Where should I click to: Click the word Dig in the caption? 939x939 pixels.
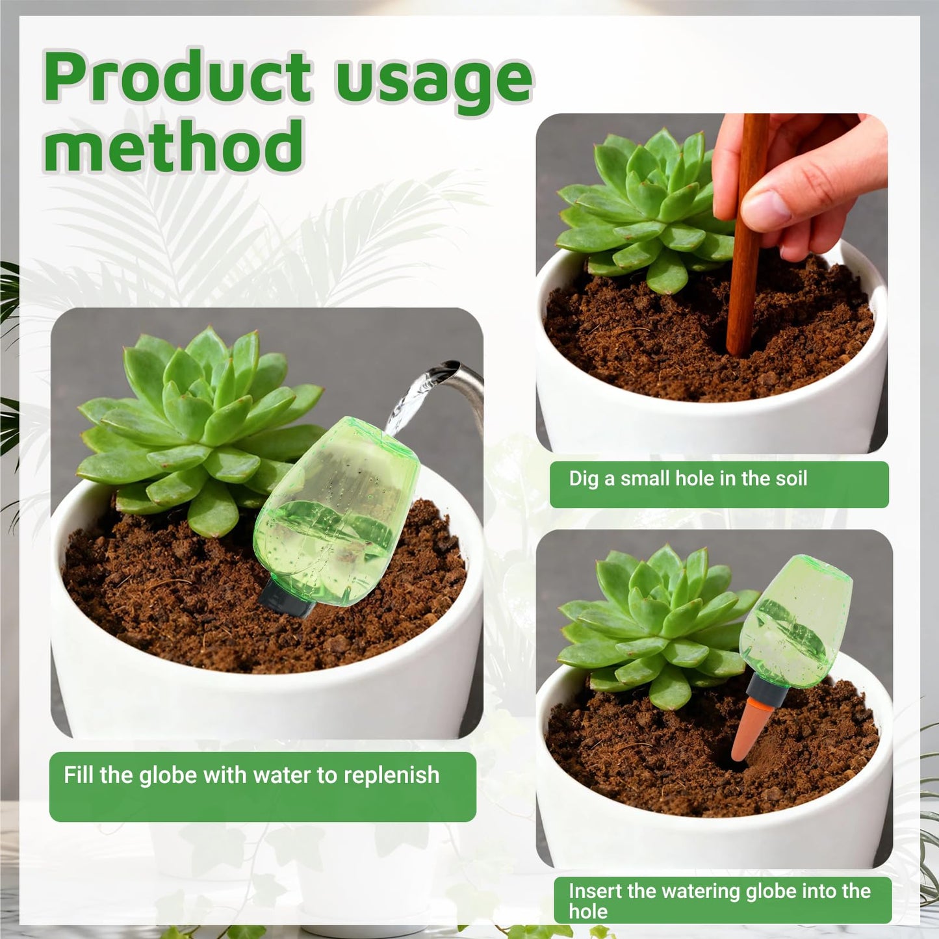tap(584, 479)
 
